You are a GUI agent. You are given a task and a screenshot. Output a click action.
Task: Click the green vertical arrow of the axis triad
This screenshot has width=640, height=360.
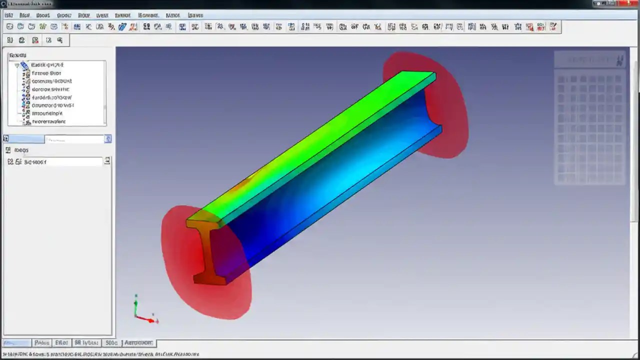(x=136, y=302)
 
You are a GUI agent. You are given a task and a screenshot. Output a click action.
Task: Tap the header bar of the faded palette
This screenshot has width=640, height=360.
(x=590, y=60)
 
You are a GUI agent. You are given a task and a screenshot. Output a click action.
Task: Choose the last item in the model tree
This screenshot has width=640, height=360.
(x=48, y=121)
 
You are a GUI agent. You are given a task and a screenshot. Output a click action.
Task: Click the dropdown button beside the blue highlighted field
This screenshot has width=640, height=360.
(x=107, y=139)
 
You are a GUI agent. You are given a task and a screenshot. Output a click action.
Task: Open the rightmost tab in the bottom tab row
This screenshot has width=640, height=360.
(x=138, y=343)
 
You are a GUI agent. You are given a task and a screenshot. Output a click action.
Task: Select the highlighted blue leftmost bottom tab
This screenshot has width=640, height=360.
(x=16, y=343)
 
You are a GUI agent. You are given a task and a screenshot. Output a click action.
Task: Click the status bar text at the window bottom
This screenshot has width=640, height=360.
(x=100, y=354)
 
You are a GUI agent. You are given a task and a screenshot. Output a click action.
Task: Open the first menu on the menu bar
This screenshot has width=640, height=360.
(x=8, y=15)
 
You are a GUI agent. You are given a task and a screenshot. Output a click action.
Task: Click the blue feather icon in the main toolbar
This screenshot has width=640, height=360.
(x=122, y=26)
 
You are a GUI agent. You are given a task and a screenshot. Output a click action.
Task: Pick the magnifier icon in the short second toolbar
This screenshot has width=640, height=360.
(x=60, y=40)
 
